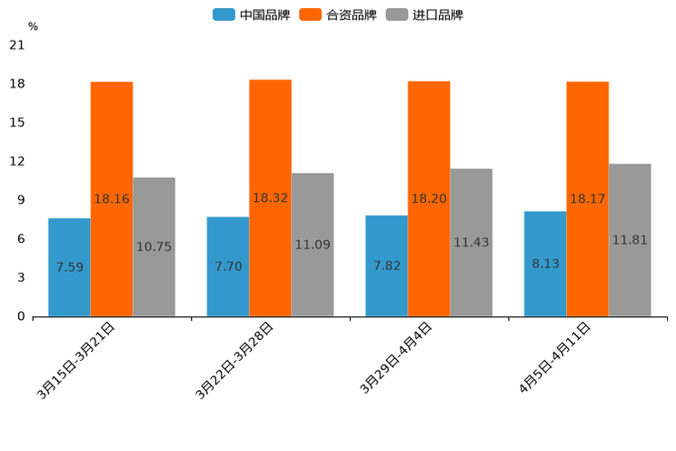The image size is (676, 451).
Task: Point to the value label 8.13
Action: coord(546,264)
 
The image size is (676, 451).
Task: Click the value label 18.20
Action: coord(429,198)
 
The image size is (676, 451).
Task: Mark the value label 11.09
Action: coord(313,245)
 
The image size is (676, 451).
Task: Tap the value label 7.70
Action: coord(228,266)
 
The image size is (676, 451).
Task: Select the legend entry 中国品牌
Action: coord(252,15)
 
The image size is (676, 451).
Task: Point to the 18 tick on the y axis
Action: coord(17,84)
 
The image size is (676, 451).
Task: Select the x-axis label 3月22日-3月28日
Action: coord(235,361)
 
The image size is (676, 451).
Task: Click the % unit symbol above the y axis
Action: coord(33,26)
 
